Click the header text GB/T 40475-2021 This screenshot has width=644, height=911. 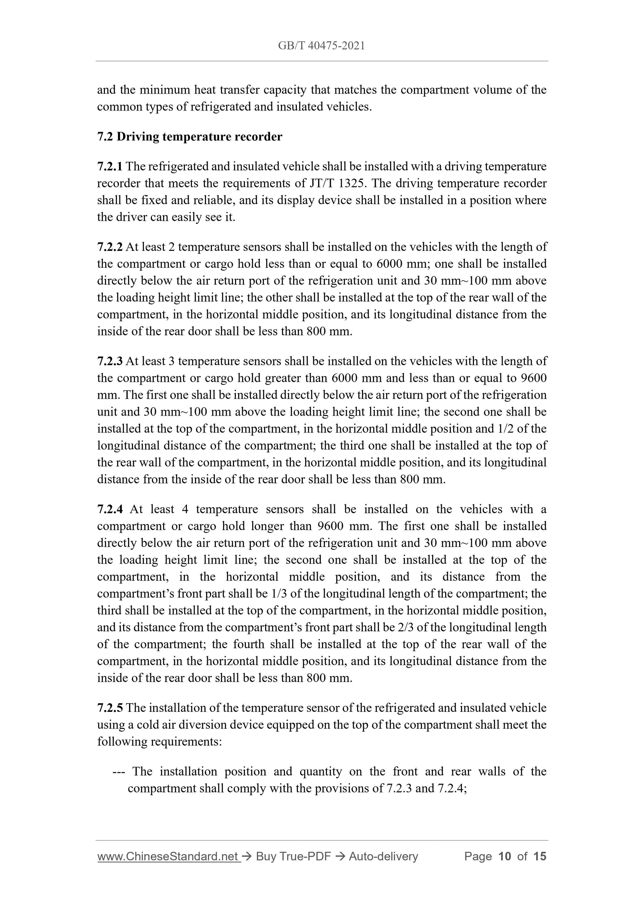coord(321,46)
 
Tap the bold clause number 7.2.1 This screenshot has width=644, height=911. coord(110,166)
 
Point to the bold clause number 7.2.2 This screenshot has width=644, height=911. coord(110,247)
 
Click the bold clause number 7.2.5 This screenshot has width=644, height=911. coord(110,707)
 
